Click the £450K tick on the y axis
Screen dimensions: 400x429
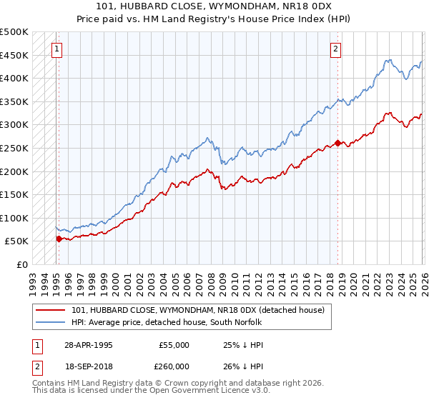coord(14,55)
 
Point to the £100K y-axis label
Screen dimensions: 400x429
coord(14,218)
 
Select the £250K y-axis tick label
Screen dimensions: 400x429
coord(14,148)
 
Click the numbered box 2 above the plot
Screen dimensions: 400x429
coord(335,49)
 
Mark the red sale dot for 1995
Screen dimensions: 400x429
coord(59,239)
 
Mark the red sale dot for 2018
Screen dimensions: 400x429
coord(337,142)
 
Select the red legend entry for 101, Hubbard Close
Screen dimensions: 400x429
coord(198,310)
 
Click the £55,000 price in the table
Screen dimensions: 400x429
coord(173,345)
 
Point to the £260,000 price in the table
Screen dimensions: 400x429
coord(173,366)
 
